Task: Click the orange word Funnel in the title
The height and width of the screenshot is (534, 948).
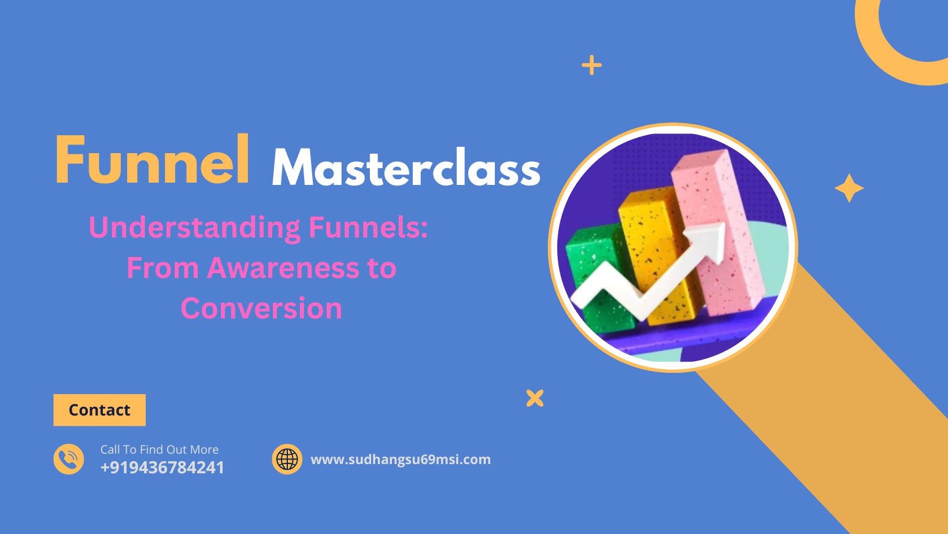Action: click(153, 161)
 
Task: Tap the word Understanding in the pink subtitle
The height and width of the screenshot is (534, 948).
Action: click(195, 227)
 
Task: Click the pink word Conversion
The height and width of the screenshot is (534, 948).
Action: click(261, 308)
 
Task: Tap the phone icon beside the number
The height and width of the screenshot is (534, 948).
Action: click(69, 459)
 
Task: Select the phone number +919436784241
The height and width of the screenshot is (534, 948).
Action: click(162, 468)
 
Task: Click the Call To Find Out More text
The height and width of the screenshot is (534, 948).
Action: click(160, 450)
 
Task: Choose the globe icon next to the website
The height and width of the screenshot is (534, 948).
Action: click(287, 459)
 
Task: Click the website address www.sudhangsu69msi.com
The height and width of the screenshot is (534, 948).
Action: click(401, 459)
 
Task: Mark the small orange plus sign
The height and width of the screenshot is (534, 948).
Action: click(591, 65)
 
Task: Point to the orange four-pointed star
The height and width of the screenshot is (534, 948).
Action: click(849, 188)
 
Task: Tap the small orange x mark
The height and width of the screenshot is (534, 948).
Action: click(535, 398)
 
